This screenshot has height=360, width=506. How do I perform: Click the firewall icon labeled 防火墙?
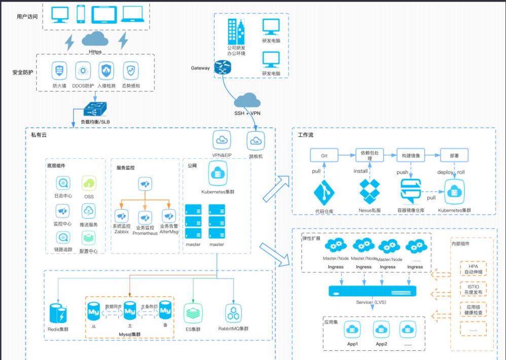[59, 70]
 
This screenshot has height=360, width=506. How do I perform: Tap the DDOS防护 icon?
[83, 70]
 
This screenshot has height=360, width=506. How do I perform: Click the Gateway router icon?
[222, 68]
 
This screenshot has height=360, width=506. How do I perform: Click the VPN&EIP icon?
[222, 139]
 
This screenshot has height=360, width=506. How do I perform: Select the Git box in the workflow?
[325, 155]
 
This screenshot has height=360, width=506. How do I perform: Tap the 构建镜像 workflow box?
[410, 155]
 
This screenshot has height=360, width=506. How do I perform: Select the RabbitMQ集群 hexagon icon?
[234, 313]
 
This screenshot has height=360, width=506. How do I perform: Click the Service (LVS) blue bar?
[373, 291]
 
